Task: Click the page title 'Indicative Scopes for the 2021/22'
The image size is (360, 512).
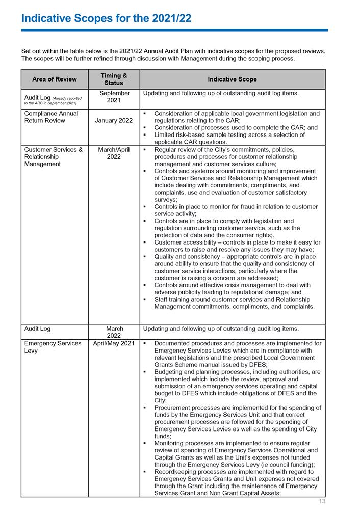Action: [x=106, y=18]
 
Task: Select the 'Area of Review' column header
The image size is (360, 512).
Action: [x=54, y=79]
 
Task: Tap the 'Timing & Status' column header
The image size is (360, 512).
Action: [x=113, y=79]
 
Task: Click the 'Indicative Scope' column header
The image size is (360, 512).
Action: [x=232, y=79]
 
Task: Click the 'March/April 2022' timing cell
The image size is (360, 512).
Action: [x=113, y=153]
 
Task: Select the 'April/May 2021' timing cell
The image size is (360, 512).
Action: [x=113, y=344]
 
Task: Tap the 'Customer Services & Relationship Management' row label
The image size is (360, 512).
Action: [x=53, y=157]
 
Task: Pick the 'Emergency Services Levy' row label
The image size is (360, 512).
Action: [x=53, y=347]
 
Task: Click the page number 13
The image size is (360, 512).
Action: [x=322, y=502]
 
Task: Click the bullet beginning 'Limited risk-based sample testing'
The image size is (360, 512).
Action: [x=236, y=139]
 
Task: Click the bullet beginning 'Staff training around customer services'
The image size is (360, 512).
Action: [x=236, y=303]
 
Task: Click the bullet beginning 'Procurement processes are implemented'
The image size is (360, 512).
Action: [x=237, y=422]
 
